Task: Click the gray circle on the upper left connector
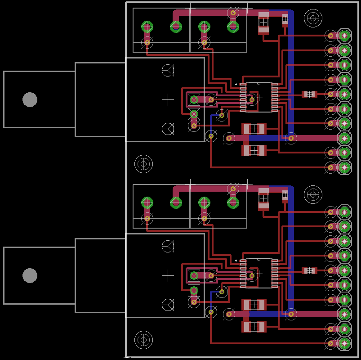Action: (x=30, y=99)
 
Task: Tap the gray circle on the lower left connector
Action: (x=30, y=275)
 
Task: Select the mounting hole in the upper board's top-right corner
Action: (x=313, y=18)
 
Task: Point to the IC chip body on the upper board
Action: (x=259, y=97)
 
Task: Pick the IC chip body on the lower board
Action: (x=259, y=273)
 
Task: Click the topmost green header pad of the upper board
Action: (x=344, y=36)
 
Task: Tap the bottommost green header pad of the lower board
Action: (x=344, y=344)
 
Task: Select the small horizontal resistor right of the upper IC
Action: (x=309, y=94)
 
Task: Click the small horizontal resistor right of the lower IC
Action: (x=309, y=270)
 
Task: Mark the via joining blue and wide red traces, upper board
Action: (x=291, y=138)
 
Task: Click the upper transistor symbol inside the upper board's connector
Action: (x=168, y=70)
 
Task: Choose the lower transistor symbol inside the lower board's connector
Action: (x=168, y=305)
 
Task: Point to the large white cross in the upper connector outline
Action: (x=168, y=99)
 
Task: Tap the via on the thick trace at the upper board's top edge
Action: (x=233, y=13)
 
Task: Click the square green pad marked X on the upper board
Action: (x=194, y=99)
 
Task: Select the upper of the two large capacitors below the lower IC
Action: (x=254, y=305)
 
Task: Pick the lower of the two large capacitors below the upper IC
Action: (x=254, y=150)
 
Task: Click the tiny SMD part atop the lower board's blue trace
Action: (x=285, y=195)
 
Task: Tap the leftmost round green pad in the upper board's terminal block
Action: (x=147, y=27)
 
